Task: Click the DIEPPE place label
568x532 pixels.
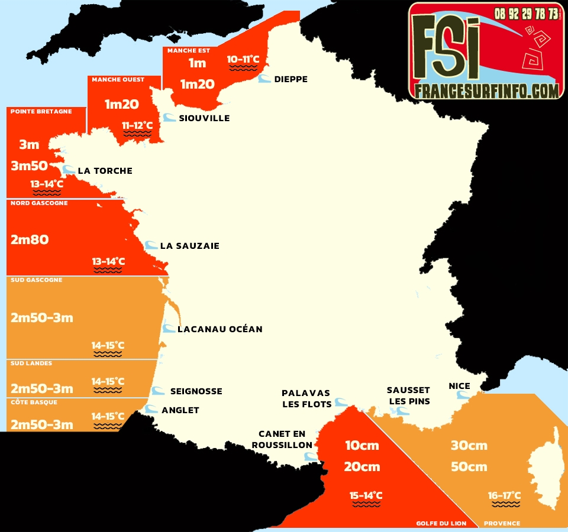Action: click(x=291, y=79)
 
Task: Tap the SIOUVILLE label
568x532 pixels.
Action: click(x=204, y=118)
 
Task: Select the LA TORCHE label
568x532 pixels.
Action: click(x=105, y=171)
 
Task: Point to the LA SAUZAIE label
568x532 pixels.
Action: click(x=189, y=246)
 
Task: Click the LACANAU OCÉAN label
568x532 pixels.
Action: click(x=220, y=329)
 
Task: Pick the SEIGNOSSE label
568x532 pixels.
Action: click(x=196, y=391)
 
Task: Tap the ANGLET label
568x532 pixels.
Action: click(x=180, y=410)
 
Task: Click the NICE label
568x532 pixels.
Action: click(x=459, y=387)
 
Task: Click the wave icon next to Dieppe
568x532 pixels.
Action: click(x=264, y=79)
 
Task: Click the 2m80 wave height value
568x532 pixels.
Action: click(x=30, y=239)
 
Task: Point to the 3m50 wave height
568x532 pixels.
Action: click(x=29, y=166)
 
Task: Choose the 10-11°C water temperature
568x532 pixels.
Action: click(x=243, y=59)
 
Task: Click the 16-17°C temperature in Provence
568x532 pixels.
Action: click(x=505, y=495)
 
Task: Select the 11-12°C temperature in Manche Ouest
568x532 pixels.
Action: click(x=137, y=125)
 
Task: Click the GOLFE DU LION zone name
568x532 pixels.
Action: click(x=441, y=523)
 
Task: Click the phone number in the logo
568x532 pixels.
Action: click(x=527, y=13)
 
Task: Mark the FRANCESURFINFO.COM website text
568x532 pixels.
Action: click(x=486, y=90)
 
